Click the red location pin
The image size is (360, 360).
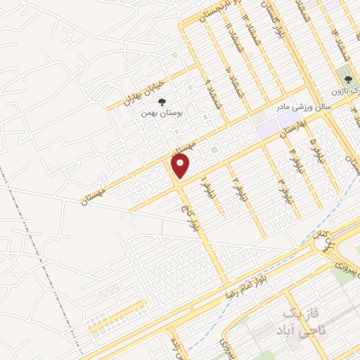(181, 166)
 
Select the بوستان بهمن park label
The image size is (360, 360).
(161, 112)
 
